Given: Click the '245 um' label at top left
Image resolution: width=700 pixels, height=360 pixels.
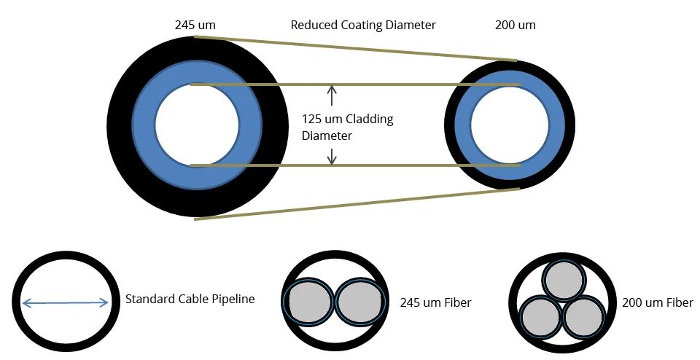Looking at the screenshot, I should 195,25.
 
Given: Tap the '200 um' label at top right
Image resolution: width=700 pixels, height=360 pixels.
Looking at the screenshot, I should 516,25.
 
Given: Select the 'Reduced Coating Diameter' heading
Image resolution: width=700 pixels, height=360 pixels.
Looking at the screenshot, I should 363,25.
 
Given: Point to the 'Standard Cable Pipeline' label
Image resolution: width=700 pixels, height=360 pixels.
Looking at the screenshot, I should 190,299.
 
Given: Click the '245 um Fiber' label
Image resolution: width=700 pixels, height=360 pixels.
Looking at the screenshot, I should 435,302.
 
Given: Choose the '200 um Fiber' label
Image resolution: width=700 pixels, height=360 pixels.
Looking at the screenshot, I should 657,302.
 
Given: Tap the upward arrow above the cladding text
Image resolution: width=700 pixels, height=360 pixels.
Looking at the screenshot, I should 332,95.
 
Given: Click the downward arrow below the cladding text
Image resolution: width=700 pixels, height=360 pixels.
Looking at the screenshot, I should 332,155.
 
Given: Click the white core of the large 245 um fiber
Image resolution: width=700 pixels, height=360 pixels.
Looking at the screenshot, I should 196,125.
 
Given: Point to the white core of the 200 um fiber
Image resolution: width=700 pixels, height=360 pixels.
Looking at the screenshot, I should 510,125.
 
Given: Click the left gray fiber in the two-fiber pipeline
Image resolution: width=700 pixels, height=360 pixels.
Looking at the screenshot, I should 309,302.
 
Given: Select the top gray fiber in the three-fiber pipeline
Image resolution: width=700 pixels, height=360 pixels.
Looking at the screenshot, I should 563,281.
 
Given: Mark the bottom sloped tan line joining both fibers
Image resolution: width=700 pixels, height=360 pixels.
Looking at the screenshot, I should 357,204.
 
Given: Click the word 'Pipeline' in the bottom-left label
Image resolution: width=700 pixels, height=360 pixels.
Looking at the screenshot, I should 233,299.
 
